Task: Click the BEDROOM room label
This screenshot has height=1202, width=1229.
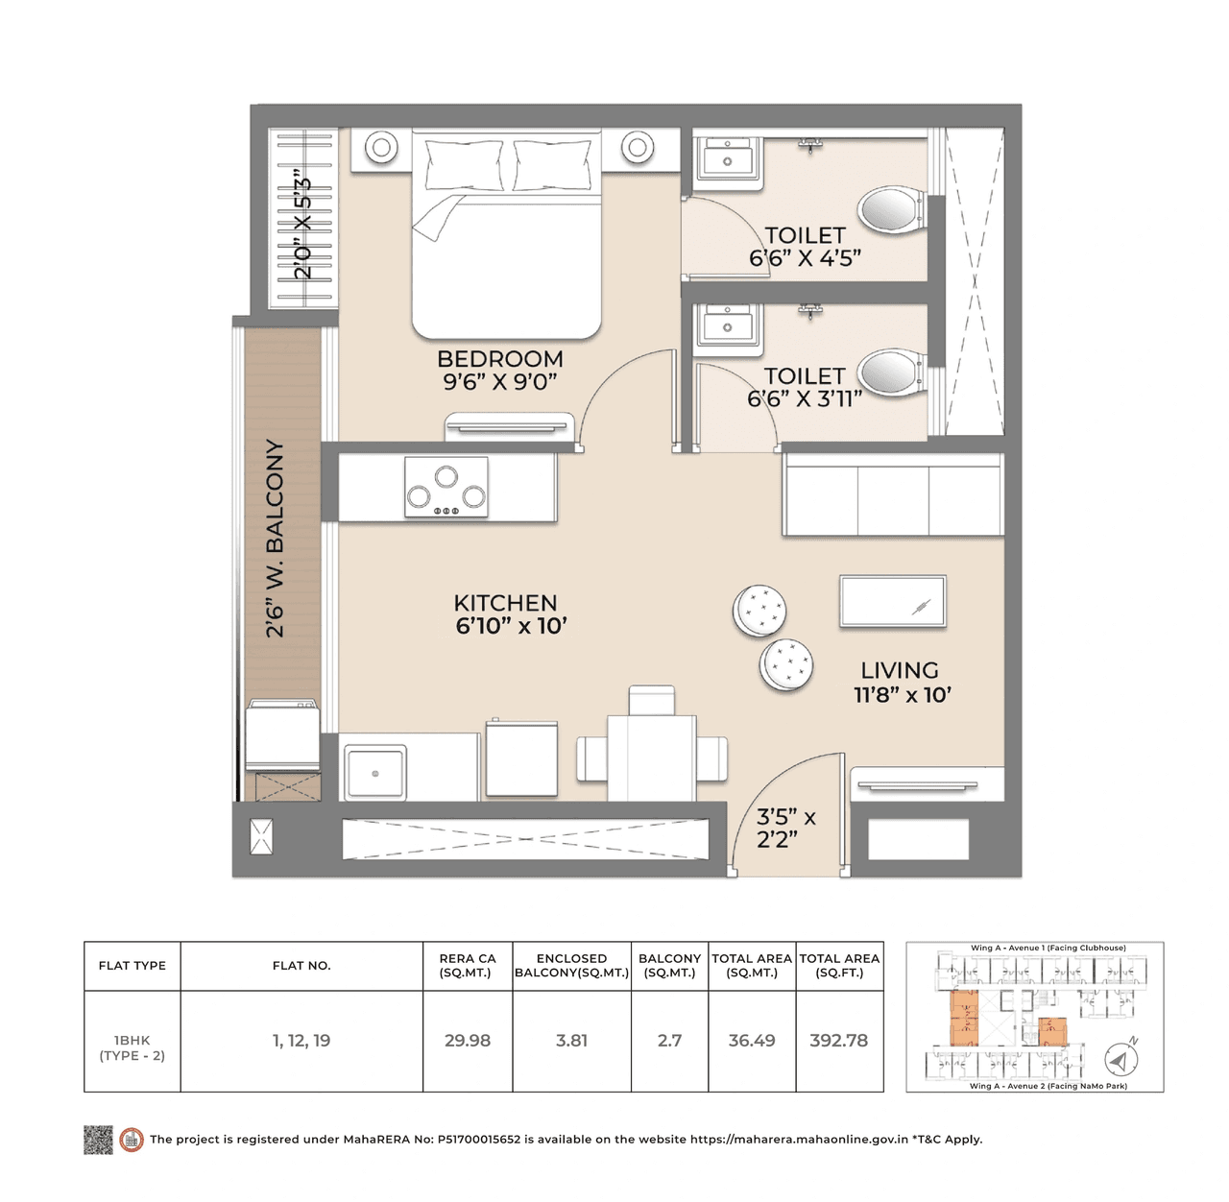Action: pos(499,359)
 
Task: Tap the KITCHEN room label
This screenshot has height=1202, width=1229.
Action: pos(505,603)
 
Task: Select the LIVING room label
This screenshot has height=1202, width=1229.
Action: pos(899,671)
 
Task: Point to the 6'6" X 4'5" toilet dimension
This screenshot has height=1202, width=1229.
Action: pos(805,258)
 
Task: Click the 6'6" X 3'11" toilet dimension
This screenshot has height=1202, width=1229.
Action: pos(805,398)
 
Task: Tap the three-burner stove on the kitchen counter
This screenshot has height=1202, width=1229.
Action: pos(446,487)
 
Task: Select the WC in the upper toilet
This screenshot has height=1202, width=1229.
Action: pos(891,210)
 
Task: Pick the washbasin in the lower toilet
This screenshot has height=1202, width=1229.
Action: pos(728,325)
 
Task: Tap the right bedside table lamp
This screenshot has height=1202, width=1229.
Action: pos(637,148)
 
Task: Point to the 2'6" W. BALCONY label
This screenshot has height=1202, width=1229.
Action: pos(276,539)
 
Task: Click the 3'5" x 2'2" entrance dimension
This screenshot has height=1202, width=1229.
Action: pos(785,829)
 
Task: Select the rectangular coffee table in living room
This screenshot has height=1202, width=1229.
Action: pos(893,602)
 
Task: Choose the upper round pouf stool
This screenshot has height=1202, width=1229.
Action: pos(759,611)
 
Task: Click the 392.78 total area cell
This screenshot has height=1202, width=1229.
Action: pos(838,1041)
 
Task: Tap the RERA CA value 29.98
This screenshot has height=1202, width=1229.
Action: pos(468,1041)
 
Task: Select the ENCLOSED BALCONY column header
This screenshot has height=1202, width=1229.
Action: pos(571,966)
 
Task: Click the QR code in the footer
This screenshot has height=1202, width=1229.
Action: pos(98,1140)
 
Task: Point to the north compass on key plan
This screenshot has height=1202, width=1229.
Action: pos(1120,1059)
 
